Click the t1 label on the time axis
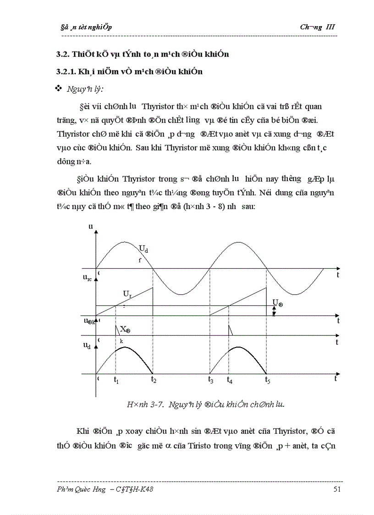coord(116,380)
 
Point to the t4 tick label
coord(230,380)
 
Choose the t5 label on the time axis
coord(267,380)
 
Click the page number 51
coord(337,490)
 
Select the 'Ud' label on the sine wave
coord(143,249)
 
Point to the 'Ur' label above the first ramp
coord(127,293)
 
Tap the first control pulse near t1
coord(116,330)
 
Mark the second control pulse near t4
coord(231,330)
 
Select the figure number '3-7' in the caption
coord(158,404)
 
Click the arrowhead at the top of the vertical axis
coord(96,232)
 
